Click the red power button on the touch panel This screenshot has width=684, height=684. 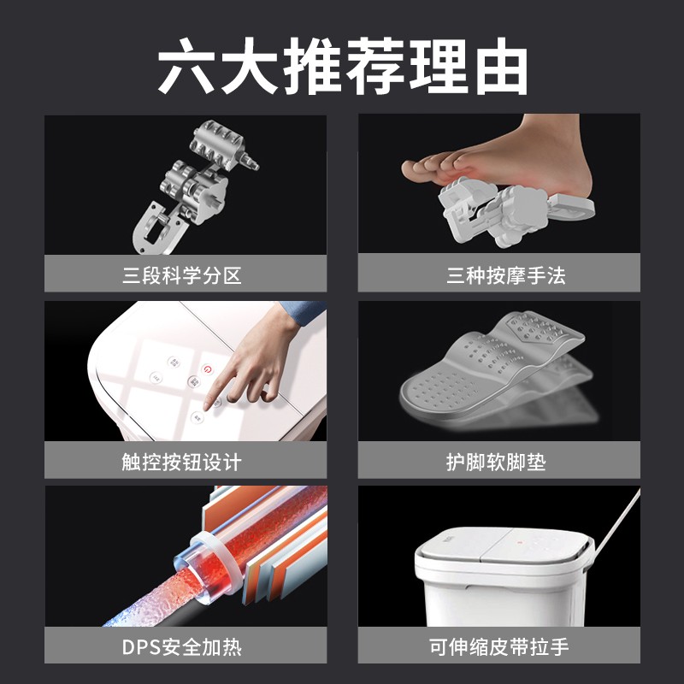tap(204, 368)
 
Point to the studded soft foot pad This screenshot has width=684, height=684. tap(496, 368)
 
